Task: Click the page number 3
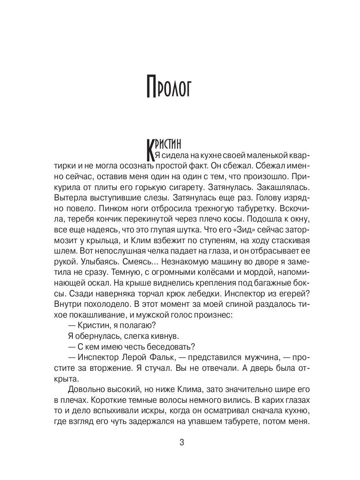(182, 443)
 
